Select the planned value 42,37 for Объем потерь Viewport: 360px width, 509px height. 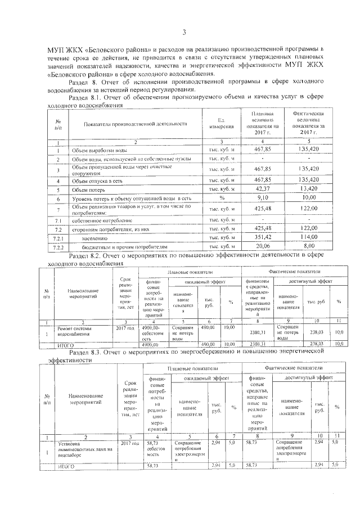pos(263,188)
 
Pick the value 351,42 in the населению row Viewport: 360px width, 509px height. pos(263,237)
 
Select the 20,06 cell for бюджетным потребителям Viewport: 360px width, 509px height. pos(263,246)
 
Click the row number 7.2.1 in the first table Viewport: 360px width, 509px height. pos(57,237)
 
